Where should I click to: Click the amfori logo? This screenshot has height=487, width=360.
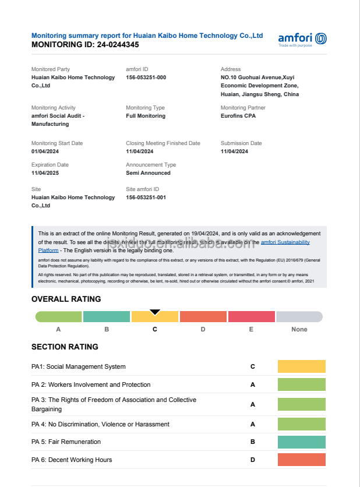point(302,39)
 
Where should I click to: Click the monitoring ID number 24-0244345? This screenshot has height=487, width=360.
point(118,44)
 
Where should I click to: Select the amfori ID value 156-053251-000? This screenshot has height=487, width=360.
point(146,77)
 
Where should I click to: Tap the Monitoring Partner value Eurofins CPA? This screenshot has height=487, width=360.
point(238,116)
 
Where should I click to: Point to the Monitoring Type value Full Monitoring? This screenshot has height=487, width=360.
point(146,116)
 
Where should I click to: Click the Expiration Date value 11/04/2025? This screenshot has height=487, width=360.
point(45,173)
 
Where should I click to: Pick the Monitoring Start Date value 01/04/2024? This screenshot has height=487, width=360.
point(45,151)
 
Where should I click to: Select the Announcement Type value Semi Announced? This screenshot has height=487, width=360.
point(148,173)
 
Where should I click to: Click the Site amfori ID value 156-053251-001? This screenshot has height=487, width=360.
point(146,197)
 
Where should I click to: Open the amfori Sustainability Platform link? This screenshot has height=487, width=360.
point(285,242)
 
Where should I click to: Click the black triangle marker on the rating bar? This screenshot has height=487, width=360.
point(155,312)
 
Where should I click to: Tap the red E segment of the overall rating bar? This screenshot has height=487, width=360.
point(251,317)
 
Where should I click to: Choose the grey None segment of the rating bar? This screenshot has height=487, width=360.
point(299,317)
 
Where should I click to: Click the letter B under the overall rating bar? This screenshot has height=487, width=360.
point(107,329)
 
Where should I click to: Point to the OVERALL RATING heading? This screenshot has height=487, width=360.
point(66,299)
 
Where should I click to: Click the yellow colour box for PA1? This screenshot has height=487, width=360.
point(301,366)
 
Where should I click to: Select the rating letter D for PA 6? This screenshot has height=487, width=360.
point(253,460)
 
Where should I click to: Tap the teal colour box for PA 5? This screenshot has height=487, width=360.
point(301,442)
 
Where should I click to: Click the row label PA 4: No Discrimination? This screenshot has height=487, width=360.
point(100,424)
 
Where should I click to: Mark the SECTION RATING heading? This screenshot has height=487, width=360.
point(65,347)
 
